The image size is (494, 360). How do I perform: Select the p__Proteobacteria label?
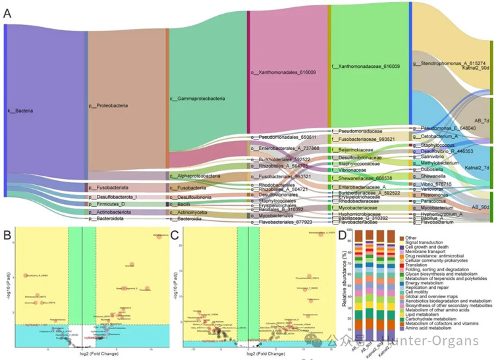coord(108,105)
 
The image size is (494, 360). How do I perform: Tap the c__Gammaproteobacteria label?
coord(198,99)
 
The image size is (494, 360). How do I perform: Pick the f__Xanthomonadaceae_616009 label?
coord(366,66)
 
